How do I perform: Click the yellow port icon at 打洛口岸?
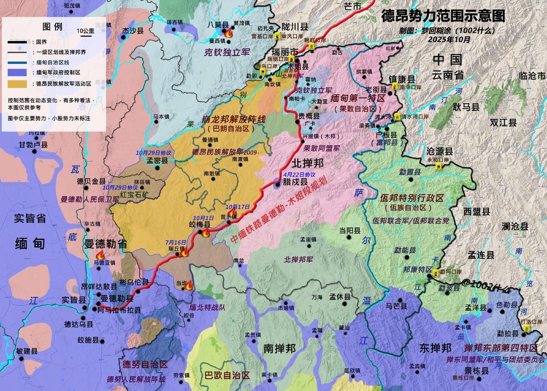(526, 328)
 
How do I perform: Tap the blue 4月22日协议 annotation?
(299, 174)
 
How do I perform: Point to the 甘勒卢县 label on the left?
(33, 145)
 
